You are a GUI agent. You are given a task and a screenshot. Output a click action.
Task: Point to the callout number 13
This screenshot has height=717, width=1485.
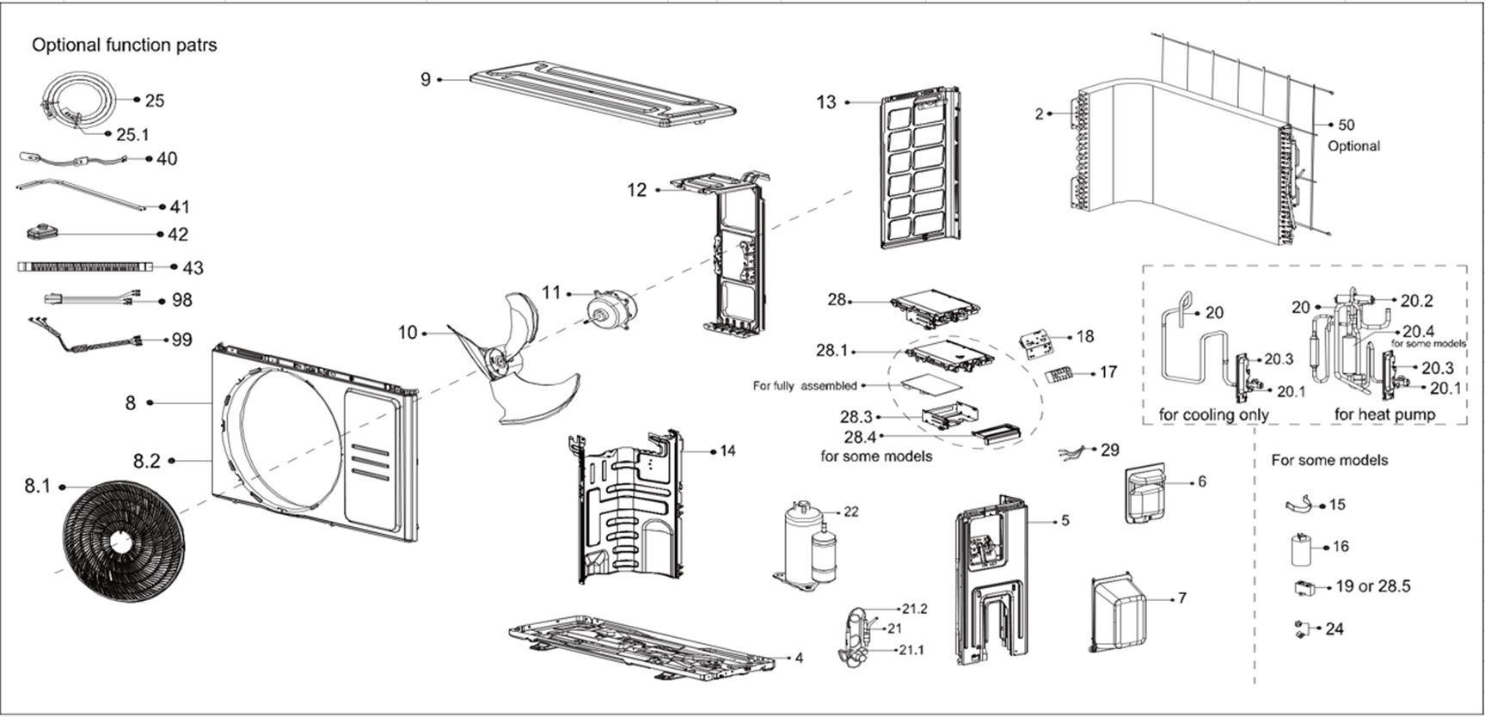[825, 102]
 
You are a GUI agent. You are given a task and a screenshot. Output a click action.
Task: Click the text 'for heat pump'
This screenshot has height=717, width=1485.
[1384, 414]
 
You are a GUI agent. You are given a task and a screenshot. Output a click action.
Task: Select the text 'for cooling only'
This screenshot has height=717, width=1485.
[1213, 414]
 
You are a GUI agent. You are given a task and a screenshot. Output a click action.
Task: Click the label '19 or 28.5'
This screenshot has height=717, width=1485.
[1373, 586]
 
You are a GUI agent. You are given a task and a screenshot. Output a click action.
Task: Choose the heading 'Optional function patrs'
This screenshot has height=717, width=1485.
[125, 45]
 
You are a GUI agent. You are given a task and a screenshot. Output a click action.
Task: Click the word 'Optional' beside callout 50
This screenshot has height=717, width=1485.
[1353, 146]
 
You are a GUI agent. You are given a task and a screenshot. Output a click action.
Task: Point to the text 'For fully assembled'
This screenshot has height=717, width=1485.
[805, 386]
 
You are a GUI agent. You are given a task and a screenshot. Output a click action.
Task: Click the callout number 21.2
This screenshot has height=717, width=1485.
[914, 609]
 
